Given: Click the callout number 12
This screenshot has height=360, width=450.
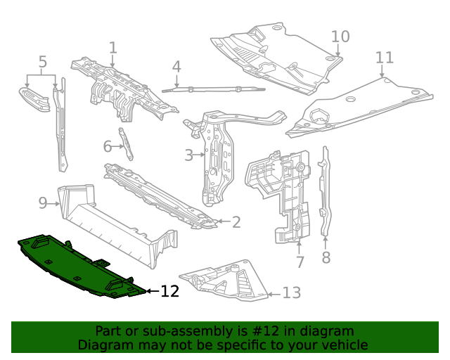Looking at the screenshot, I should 169,291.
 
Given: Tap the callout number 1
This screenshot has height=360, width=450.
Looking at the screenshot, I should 112,48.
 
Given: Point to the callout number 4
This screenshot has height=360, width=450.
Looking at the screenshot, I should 176,67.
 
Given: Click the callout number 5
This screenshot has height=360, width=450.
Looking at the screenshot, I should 42,62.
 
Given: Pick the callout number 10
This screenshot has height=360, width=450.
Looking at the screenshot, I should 340,36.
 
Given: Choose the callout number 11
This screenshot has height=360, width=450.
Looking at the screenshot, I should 384,57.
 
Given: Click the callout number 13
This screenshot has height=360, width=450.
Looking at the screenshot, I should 291,293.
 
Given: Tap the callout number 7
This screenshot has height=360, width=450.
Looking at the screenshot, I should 300,262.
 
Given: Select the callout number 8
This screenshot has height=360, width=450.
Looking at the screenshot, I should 326,258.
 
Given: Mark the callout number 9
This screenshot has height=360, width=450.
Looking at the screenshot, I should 43,203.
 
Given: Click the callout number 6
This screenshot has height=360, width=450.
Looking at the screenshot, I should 108,146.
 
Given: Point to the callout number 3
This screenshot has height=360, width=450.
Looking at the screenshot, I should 188,155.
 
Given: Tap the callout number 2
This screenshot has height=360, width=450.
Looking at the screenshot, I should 236,222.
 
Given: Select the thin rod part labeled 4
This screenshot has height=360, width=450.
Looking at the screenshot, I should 211,89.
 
